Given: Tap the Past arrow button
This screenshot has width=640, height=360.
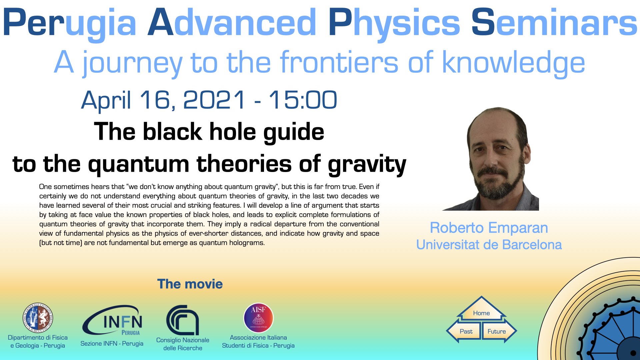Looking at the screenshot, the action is click(464, 331).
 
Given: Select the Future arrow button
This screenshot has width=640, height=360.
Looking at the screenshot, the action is click(499, 331).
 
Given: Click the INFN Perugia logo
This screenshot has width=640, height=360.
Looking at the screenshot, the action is click(113, 320).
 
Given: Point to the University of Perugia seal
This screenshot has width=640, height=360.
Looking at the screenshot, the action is click(38, 318).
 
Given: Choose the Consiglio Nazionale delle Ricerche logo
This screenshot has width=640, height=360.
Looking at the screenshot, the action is click(183, 320).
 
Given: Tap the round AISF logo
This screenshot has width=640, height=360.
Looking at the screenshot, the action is click(258, 318).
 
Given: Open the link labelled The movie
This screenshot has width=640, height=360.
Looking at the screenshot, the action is click(190, 284).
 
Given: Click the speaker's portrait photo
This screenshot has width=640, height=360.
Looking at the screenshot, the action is click(490, 159).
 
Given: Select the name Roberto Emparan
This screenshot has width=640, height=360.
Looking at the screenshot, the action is click(489, 228).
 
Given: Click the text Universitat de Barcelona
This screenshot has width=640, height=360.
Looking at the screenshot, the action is click(489, 245).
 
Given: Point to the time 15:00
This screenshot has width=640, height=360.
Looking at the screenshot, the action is click(303, 100).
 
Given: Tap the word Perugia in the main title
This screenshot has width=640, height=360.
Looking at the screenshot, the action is click(70, 23).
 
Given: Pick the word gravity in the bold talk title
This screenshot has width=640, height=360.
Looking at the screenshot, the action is click(367, 165).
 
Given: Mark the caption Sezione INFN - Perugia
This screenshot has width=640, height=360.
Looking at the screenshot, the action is click(112, 344).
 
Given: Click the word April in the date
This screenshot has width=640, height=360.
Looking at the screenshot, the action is click(106, 100).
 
